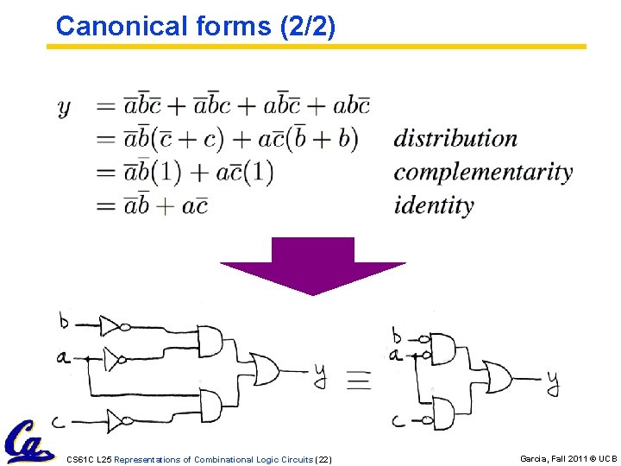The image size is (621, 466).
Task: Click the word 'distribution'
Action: [455, 138]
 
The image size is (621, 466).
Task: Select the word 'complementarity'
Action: [483, 172]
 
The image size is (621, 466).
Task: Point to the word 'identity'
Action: [434, 205]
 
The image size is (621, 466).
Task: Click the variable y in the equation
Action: [64, 107]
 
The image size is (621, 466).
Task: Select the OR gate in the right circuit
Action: [499, 377]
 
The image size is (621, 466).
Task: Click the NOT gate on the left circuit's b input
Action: [112, 325]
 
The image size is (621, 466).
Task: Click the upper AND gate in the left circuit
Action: [210, 340]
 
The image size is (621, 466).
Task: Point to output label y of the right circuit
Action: [553, 383]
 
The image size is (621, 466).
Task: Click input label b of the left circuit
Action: [64, 322]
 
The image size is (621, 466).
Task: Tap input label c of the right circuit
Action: [398, 421]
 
